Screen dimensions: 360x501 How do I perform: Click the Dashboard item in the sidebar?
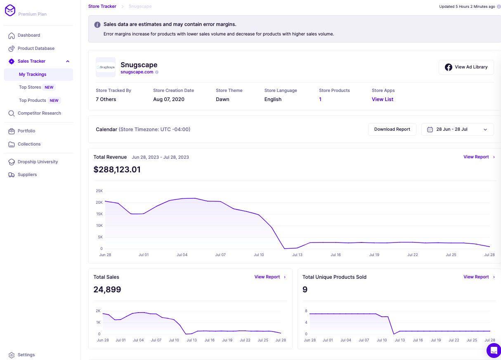point(28,35)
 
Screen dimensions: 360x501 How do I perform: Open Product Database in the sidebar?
point(36,49)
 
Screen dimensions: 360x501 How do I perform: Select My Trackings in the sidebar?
point(33,75)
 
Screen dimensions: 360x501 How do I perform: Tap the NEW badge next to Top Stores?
point(49,87)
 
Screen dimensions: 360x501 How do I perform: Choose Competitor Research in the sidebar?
point(39,113)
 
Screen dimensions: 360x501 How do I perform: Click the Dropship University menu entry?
point(38,162)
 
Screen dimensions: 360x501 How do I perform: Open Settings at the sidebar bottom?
point(26,355)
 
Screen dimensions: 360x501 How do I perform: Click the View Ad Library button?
point(466,67)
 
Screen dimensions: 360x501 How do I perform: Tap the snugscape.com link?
point(137,72)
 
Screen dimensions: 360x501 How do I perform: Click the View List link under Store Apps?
point(382,99)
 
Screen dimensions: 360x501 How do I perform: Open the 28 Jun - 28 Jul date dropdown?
point(457,129)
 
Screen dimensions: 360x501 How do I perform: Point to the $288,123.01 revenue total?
point(117,169)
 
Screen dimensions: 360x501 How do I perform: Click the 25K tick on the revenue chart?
point(99,191)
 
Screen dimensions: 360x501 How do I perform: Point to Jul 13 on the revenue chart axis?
point(297,255)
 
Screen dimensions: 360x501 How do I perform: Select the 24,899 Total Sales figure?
point(107,289)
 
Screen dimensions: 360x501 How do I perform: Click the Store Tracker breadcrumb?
point(102,7)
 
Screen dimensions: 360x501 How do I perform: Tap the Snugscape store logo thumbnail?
point(106,67)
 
